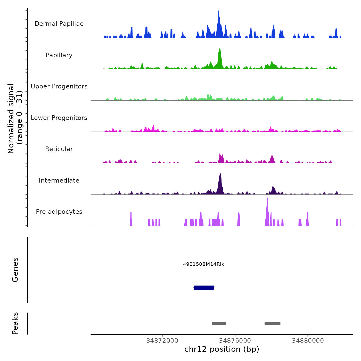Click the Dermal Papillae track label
tap(59, 24)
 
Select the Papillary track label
tap(59, 55)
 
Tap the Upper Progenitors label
tap(59, 86)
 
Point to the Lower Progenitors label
tap(59, 118)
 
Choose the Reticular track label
tap(59, 149)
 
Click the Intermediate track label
tap(59, 180)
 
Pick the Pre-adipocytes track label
tap(59, 212)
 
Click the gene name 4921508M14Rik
tap(204, 264)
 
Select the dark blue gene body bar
tap(204, 288)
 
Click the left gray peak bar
tap(219, 324)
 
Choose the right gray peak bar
tap(272, 324)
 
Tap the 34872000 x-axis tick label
tap(162, 341)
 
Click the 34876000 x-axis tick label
tap(235, 341)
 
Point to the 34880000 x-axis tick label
tap(308, 341)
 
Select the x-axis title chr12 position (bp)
tap(222, 349)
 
